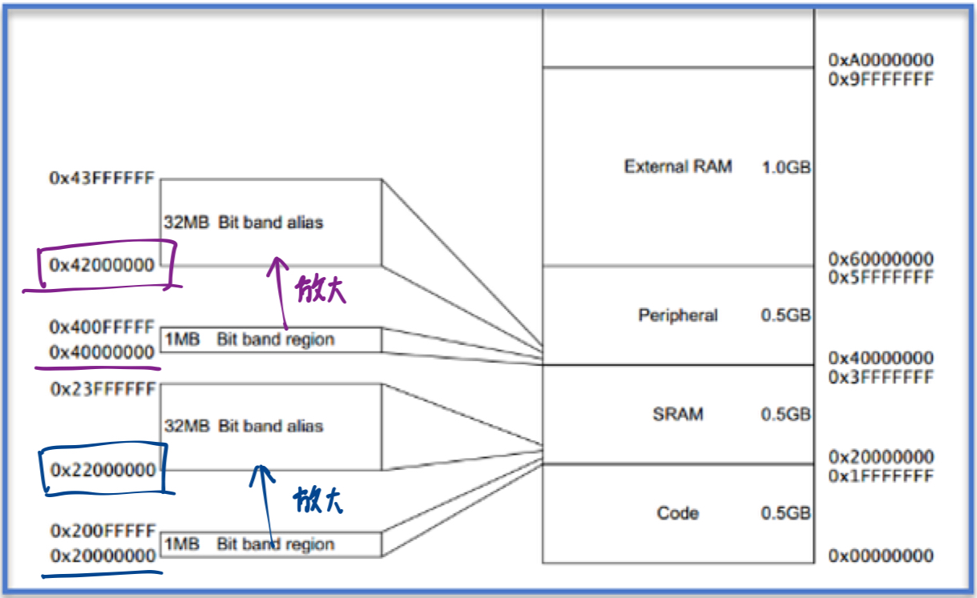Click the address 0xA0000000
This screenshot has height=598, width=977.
[x=881, y=60]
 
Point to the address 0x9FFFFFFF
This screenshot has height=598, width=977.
[x=881, y=79]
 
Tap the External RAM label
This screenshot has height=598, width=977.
[x=678, y=167]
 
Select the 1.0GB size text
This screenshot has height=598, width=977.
[x=785, y=168]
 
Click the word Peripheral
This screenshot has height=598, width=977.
[x=678, y=315]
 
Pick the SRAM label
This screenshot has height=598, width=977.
[x=678, y=414]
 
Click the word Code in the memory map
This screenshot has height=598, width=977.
[x=678, y=513]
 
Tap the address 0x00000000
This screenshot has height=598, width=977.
[x=881, y=556]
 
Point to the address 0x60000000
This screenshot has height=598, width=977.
[x=881, y=259]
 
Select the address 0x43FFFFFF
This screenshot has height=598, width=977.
[x=101, y=179]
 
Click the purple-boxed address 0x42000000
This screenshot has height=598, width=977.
[x=101, y=265]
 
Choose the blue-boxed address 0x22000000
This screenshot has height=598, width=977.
[x=103, y=470]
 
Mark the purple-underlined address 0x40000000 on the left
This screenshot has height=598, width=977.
[x=101, y=352]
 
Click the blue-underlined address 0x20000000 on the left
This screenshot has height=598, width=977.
[x=103, y=556]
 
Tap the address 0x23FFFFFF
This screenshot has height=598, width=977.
[x=103, y=389]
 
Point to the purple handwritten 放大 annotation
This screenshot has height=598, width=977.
[x=320, y=289]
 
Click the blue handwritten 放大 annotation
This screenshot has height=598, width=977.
[x=318, y=502]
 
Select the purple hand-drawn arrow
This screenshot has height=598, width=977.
[x=280, y=296]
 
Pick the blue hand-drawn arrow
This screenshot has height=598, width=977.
[x=263, y=504]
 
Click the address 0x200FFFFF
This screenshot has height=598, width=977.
[x=103, y=531]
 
